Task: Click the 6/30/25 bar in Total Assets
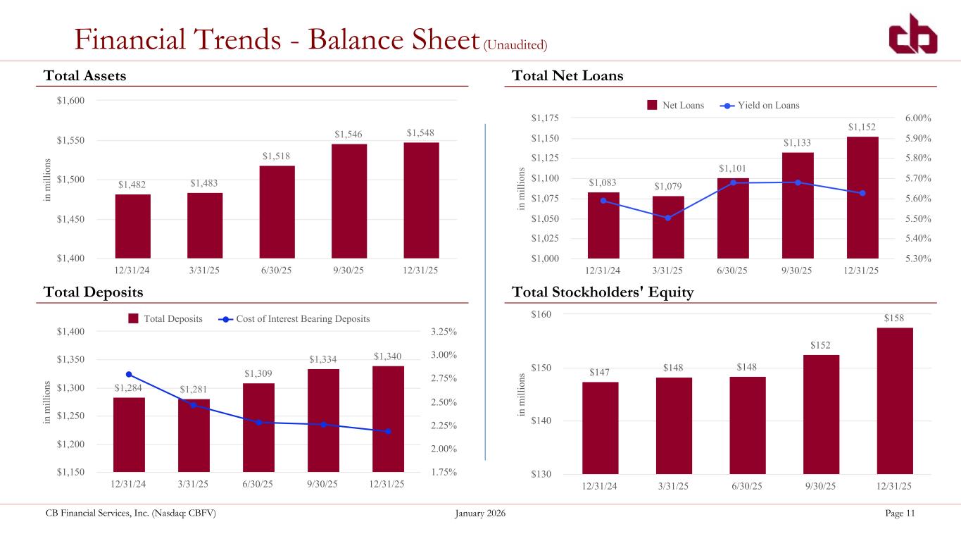tap(277, 212)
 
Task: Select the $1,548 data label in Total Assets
tap(420, 133)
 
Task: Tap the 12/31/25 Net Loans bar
tap(862, 197)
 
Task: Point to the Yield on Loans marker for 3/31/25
tap(668, 218)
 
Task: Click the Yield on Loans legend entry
tap(760, 106)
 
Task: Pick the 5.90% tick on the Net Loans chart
tap(918, 138)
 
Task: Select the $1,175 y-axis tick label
tap(545, 118)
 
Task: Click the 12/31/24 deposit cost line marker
tap(129, 375)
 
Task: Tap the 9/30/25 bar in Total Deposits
tap(323, 421)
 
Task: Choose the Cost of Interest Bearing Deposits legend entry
tap(294, 319)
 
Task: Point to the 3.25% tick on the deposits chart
tap(444, 332)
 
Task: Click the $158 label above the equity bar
tap(893, 318)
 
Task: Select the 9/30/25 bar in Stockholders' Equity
tap(821, 414)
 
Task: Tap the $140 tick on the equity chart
tap(541, 421)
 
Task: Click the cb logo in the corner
tap(913, 34)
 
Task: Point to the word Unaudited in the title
tap(515, 45)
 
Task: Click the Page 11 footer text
tap(900, 514)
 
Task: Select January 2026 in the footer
tap(480, 514)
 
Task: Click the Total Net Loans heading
tap(567, 76)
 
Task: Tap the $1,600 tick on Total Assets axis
tap(71, 101)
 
